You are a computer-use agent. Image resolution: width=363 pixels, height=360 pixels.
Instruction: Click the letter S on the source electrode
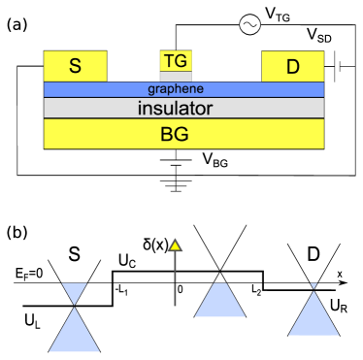coord(75,67)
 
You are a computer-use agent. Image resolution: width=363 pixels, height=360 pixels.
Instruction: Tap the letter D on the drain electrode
coord(293,67)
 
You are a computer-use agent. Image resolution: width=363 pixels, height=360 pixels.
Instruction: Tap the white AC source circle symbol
coord(249,25)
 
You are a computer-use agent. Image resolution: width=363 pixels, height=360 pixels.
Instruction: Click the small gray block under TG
coord(176,77)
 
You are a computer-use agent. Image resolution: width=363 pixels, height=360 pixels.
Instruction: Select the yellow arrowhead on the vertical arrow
coord(175,245)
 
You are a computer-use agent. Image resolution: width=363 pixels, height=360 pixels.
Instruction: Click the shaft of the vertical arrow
coord(175,281)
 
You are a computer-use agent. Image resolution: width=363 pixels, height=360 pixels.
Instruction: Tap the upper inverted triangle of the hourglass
coord(74,292)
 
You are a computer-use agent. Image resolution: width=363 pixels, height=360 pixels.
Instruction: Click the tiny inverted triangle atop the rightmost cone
coord(313,285)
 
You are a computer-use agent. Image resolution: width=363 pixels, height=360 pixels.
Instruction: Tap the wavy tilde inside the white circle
coord(249,25)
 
